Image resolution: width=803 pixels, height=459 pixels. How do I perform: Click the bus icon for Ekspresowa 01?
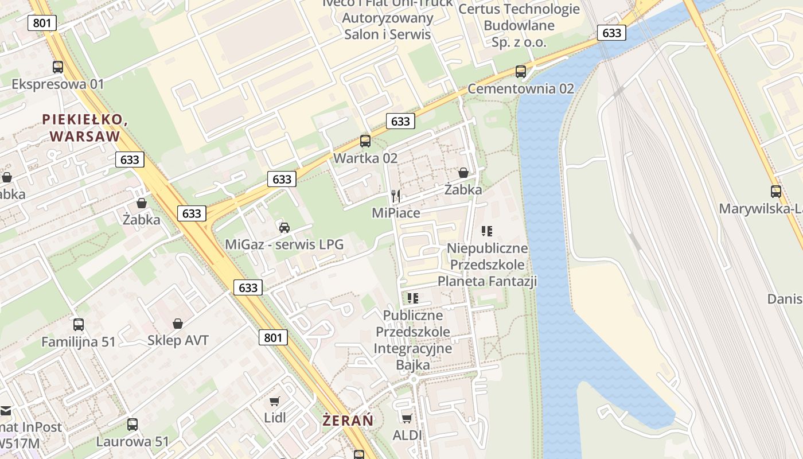[58, 67]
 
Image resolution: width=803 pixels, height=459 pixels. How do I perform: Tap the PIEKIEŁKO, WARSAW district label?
[84, 127]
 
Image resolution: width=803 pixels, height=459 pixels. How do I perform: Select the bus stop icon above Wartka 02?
[365, 141]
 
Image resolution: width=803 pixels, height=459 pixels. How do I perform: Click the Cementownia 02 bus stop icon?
[521, 72]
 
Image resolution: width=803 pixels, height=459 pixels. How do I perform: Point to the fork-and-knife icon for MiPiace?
[395, 196]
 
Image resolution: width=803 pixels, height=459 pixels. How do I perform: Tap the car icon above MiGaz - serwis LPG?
[284, 228]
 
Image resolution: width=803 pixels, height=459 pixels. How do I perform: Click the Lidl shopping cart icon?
[275, 400]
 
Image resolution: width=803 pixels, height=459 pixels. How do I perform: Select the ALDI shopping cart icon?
[407, 418]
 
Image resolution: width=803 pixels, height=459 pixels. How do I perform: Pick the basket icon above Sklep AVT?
[178, 324]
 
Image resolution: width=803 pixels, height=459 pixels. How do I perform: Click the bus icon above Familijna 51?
[79, 325]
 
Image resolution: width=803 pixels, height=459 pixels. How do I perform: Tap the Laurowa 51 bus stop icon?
[132, 425]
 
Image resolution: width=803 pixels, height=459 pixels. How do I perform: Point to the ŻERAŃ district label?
[348, 421]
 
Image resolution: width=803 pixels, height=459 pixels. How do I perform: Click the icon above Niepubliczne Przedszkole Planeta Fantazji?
[487, 231]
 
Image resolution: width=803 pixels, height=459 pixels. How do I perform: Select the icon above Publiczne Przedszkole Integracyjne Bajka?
[412, 298]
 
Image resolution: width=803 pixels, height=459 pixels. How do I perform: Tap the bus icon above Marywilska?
[776, 192]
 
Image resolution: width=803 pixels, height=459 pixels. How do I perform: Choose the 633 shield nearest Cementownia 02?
[611, 33]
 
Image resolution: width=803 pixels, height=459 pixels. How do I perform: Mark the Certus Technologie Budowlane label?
[519, 25]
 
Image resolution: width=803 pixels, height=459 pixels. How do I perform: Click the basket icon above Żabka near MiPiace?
[463, 173]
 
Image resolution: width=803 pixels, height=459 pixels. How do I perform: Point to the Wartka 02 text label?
[365, 158]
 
